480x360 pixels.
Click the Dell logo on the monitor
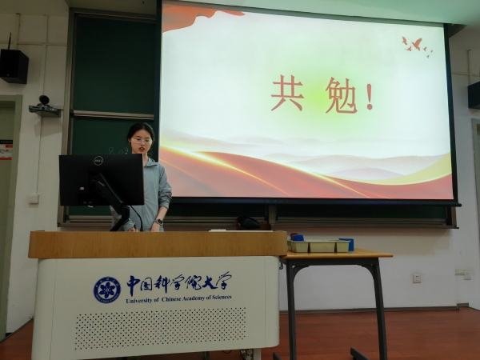click(98, 161)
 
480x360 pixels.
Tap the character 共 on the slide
click(288, 94)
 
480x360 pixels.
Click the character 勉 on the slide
click(341, 95)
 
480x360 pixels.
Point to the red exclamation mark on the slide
click(370, 97)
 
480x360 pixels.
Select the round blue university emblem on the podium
click(107, 290)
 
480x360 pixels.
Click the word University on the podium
click(139, 300)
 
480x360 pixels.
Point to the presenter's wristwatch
click(158, 222)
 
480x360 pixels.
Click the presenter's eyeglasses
click(142, 141)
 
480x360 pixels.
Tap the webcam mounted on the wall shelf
click(44, 101)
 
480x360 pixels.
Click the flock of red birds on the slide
click(417, 47)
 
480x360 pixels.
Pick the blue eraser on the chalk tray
click(298, 238)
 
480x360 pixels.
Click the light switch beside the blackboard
click(34, 198)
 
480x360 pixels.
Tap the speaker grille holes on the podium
click(161, 328)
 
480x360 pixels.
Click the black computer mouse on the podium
click(248, 223)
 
